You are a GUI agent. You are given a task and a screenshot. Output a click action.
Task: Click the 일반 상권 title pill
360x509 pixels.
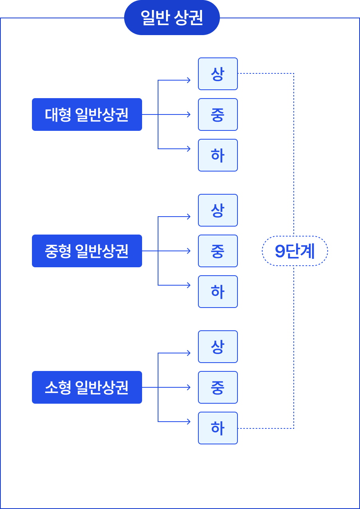pos(172,18)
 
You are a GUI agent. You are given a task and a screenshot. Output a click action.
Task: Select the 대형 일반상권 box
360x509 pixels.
pos(87,114)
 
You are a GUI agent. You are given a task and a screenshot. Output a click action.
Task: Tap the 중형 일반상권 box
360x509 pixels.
pos(87,251)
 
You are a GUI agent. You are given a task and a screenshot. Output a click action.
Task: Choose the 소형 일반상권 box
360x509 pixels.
pos(87,387)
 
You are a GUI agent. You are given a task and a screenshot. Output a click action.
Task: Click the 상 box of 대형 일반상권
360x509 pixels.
pos(218,74)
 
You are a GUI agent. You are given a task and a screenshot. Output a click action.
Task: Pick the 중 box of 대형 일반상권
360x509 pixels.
pos(218,114)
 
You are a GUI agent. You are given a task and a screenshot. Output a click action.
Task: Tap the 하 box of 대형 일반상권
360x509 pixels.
pos(218,155)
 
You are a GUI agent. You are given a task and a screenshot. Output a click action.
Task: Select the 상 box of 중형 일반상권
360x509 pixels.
pos(218,210)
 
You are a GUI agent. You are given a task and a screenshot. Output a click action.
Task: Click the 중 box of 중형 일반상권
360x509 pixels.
pos(218,251)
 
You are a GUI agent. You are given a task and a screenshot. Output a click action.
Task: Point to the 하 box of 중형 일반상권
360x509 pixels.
pos(218,292)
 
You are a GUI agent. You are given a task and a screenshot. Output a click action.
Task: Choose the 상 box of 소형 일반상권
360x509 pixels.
pos(218,347)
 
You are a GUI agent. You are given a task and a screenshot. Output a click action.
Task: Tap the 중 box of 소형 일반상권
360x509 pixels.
pos(218,387)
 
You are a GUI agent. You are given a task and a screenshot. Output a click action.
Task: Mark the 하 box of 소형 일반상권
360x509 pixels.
pos(218,428)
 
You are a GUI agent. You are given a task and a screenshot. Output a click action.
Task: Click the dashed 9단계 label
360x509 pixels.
pos(295,251)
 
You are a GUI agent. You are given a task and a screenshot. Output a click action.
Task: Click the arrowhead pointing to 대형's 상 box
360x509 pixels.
pos(189,80)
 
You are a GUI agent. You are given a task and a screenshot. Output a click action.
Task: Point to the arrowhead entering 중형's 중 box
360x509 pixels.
pos(189,251)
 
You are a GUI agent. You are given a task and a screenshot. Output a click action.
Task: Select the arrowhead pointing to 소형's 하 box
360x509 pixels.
pos(189,422)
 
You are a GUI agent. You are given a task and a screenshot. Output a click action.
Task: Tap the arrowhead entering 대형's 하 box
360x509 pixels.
pos(189,149)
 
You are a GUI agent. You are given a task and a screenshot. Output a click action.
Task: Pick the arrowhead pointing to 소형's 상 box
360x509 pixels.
pos(189,353)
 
